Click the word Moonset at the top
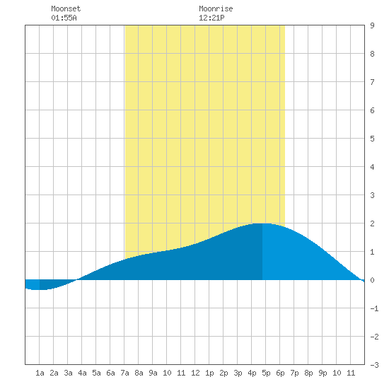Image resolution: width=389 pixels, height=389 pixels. coord(66,8)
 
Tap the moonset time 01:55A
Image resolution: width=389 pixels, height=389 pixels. coord(64,18)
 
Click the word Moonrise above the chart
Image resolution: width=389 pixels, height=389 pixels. coord(216,8)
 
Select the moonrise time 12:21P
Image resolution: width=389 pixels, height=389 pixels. coord(211,18)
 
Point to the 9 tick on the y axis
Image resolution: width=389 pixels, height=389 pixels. coord(372,25)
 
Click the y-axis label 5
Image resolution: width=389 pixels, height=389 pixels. coord(372,139)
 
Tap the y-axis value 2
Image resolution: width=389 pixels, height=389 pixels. coord(372,223)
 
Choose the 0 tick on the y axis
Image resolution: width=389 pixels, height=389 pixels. coord(372,280)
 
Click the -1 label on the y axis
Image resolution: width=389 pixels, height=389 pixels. coord(374,308)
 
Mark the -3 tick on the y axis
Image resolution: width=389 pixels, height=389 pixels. coord(374,365)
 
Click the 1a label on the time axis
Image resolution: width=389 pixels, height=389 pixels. coord(40,373)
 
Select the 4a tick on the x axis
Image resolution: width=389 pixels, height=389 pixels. coord(82,373)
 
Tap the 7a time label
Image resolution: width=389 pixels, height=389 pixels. coord(124,373)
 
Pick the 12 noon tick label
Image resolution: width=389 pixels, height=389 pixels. coord(195,373)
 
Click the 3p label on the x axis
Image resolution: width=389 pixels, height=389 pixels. coord(238,373)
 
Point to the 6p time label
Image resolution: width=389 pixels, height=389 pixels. coord(280,373)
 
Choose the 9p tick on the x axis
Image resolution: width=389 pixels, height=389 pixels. coord(323,373)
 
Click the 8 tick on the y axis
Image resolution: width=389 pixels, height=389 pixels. coord(372,54)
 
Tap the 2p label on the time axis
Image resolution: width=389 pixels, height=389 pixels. coord(223,373)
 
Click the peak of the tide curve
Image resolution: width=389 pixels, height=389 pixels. coord(262,223)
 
